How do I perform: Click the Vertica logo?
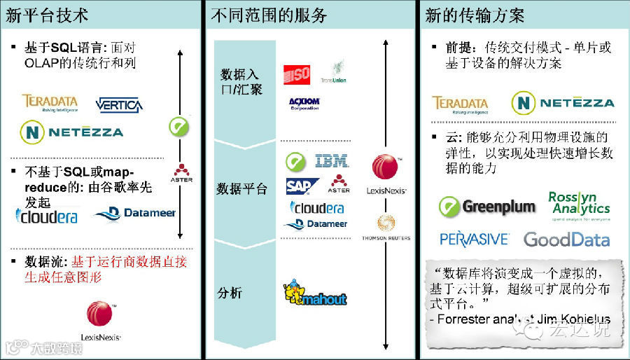(119, 105)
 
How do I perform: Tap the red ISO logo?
(297, 75)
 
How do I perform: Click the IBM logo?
(332, 161)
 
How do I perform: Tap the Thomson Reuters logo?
(386, 228)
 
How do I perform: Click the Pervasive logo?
(474, 239)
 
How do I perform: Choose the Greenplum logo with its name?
(487, 206)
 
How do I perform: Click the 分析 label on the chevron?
(230, 292)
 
